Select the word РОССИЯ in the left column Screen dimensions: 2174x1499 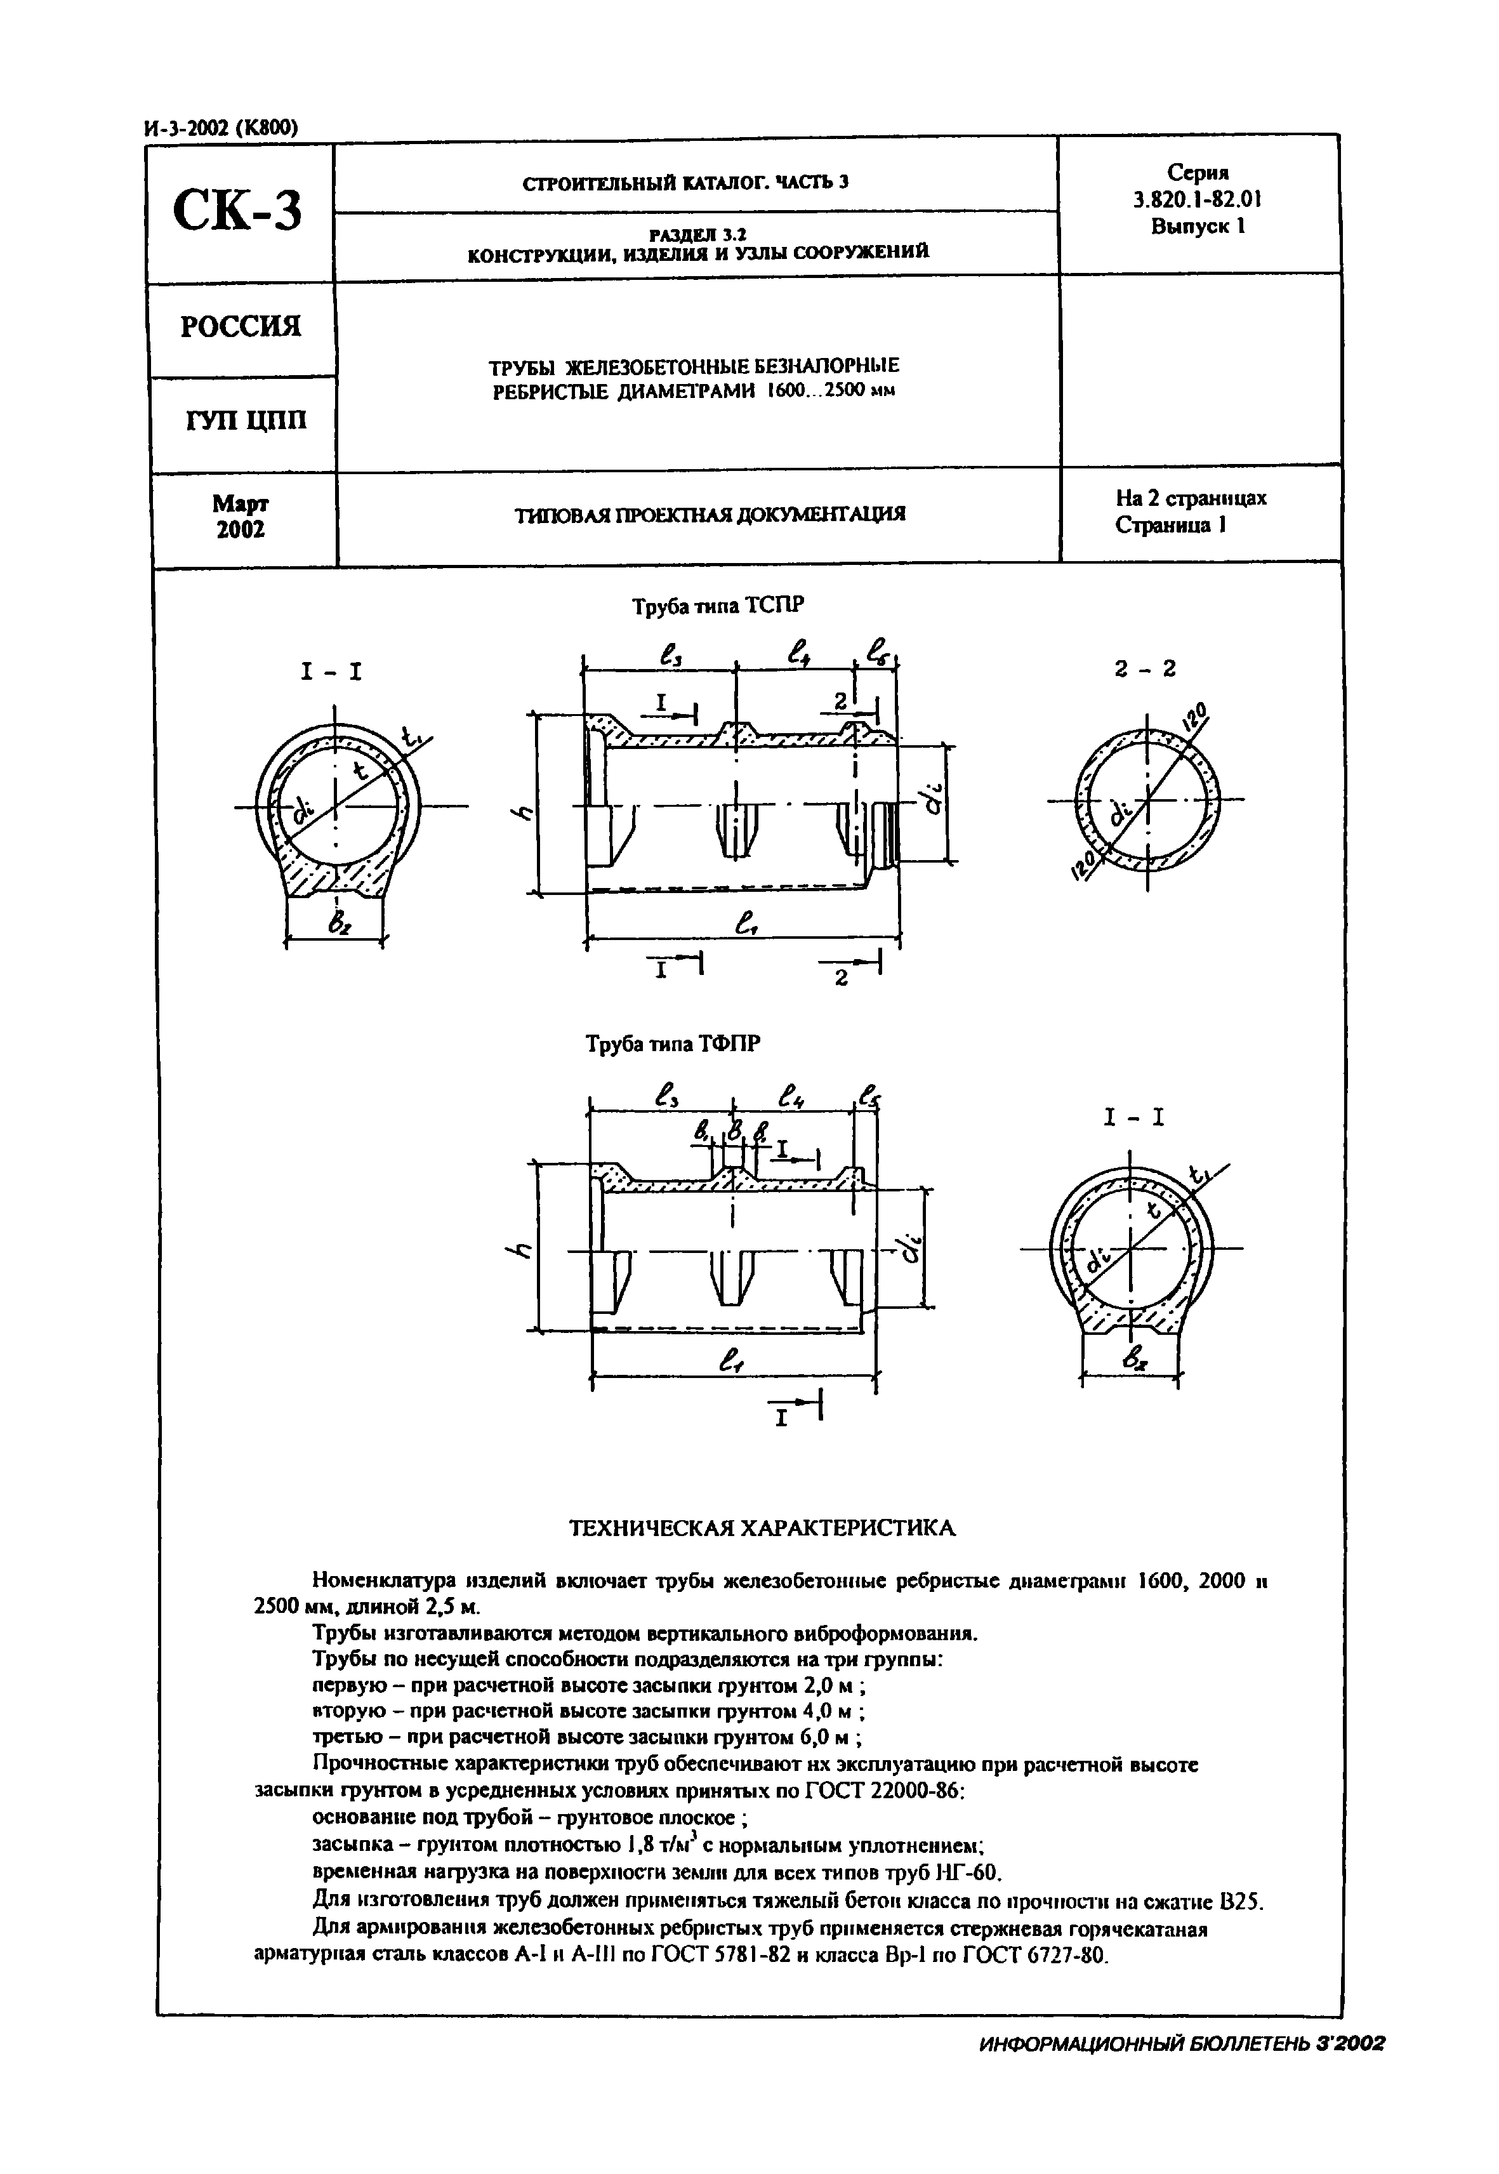[241, 327]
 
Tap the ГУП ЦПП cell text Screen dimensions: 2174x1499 [246, 420]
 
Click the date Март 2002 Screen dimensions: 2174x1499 [241, 517]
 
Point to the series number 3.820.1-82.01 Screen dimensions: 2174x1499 [1198, 199]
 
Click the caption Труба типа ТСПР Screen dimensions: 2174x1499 [718, 606]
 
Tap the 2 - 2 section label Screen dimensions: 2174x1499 [1144, 669]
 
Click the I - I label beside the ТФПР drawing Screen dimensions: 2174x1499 [1133, 1118]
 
